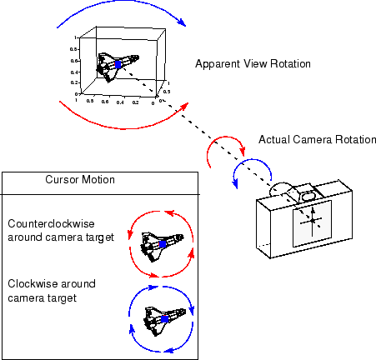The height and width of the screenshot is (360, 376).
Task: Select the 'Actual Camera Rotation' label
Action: pyautogui.click(x=318, y=139)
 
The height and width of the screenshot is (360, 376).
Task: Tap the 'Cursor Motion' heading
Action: pyautogui.click(x=80, y=180)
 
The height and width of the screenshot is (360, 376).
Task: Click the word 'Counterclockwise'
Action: pyautogui.click(x=45, y=223)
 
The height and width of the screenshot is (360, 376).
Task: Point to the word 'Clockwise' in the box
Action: pyautogui.click(x=31, y=283)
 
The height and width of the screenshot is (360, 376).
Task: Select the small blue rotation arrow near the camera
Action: pyautogui.click(x=249, y=171)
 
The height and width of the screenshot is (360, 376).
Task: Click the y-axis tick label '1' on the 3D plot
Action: pyautogui.click(x=76, y=37)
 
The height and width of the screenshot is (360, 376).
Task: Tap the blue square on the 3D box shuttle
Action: pyautogui.click(x=118, y=64)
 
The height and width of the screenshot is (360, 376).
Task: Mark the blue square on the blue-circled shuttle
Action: pyautogui.click(x=164, y=319)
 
